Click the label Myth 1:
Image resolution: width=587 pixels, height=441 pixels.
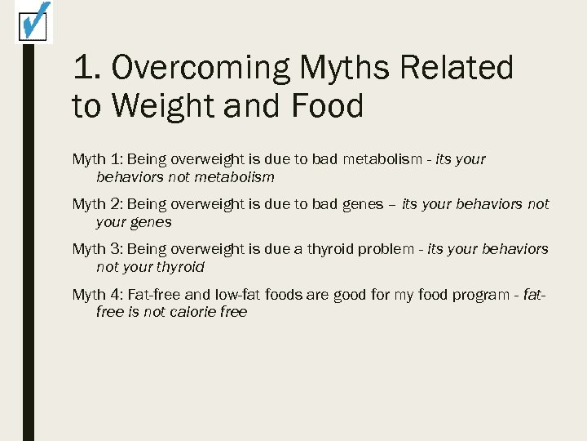(97, 159)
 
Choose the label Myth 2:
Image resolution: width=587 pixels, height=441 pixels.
(97, 204)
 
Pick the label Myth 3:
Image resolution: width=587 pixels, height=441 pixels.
(97, 249)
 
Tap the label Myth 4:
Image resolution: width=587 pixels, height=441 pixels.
(97, 294)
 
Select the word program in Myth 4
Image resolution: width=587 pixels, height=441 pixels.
(459, 294)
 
